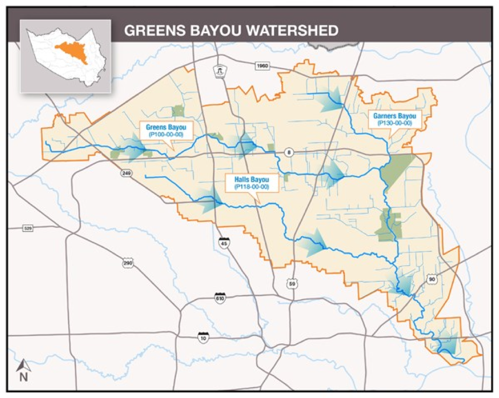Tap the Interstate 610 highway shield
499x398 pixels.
(x=220, y=298)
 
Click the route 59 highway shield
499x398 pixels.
(x=291, y=283)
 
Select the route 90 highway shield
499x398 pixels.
(x=432, y=279)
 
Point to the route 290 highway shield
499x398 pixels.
(x=128, y=263)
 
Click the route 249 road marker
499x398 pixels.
(x=126, y=174)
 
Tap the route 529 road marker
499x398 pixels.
(x=28, y=227)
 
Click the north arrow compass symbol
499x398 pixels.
(x=23, y=370)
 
